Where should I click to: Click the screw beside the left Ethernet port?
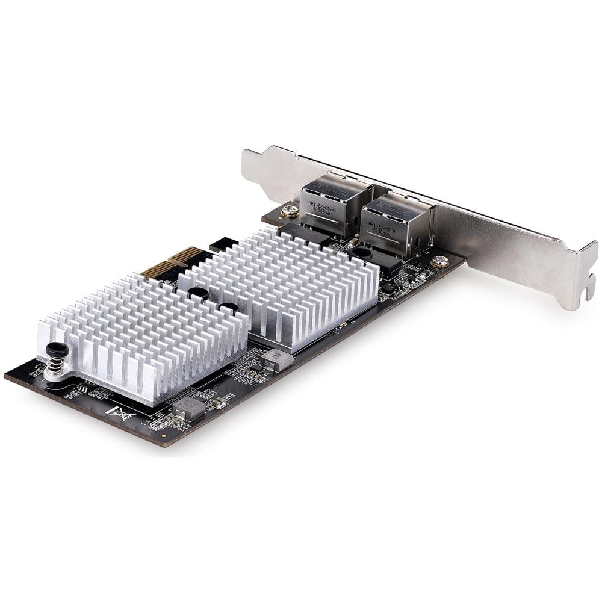(290, 211)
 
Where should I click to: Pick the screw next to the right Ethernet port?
(440, 261)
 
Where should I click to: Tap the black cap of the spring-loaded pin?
(56, 349)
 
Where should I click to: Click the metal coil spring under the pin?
(55, 365)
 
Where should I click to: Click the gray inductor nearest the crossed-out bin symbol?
(188, 409)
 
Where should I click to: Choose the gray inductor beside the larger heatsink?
(276, 359)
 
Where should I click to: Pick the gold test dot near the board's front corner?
(164, 433)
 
